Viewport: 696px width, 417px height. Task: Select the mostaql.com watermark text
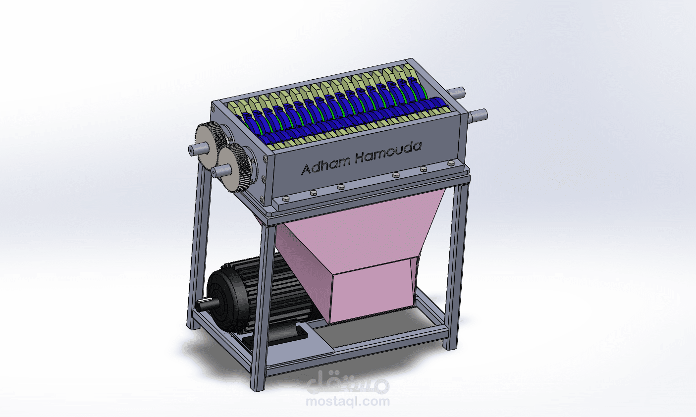click(348, 401)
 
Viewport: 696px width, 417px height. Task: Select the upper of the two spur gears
click(210, 144)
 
